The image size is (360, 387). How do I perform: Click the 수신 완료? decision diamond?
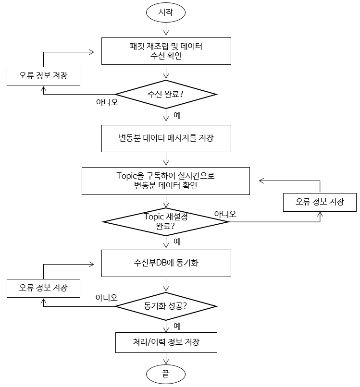tap(166, 94)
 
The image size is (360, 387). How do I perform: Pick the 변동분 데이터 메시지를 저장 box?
tap(166, 138)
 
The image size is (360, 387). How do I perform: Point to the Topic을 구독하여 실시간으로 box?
tap(166, 181)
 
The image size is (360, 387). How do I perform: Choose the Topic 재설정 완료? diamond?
tap(166, 221)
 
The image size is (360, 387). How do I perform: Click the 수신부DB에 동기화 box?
tap(166, 263)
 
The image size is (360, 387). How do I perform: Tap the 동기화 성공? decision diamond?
tap(166, 305)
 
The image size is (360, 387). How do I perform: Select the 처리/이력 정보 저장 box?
tap(166, 343)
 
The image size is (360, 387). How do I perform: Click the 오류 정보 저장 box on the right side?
tap(320, 202)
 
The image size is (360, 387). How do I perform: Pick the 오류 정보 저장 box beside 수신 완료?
tap(43, 75)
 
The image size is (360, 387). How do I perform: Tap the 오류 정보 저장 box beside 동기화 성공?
tap(43, 288)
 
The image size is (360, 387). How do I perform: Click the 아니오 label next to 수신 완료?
tap(107, 102)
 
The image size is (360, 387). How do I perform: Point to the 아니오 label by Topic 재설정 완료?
tap(225, 214)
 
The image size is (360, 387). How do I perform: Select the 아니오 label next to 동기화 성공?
tap(106, 297)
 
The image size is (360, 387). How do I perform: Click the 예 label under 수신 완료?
tap(177, 115)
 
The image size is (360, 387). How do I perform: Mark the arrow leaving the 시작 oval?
tap(166, 30)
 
